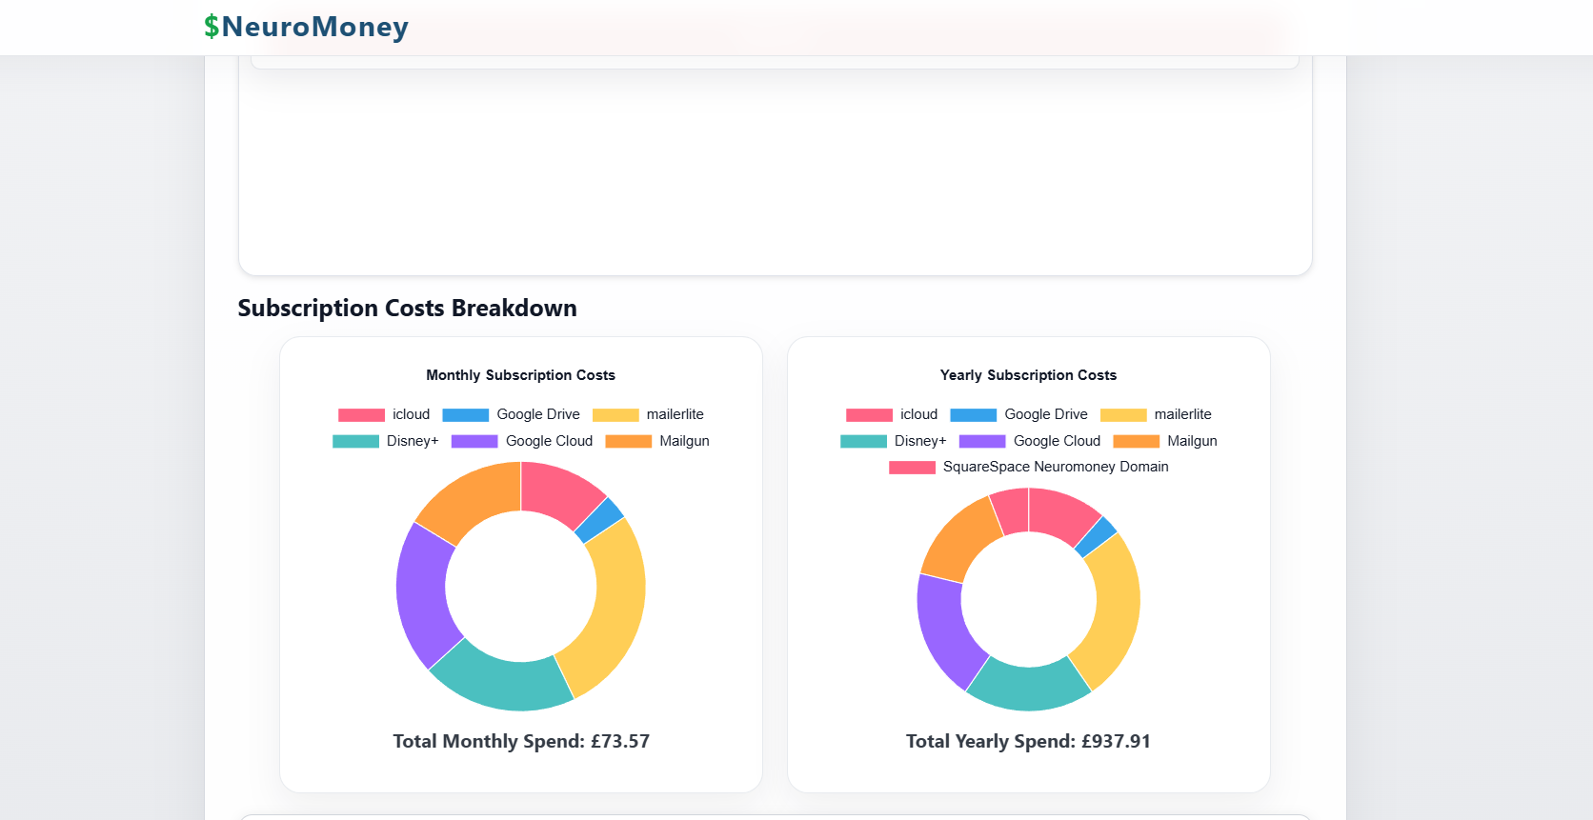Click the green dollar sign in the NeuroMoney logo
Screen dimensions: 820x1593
[211, 27]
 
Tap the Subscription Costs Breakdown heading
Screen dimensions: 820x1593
[407, 309]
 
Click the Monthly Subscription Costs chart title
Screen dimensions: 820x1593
[520, 375]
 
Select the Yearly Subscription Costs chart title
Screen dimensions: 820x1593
[1028, 375]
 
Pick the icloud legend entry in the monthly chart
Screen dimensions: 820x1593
[384, 414]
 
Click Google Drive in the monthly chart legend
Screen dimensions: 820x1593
[512, 414]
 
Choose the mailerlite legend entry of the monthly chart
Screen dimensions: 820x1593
[648, 414]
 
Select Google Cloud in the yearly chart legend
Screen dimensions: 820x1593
[1030, 441]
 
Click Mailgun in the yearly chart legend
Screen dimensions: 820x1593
[1165, 441]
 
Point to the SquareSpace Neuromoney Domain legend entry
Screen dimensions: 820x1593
[1029, 467]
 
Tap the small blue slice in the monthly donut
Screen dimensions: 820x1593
[600, 519]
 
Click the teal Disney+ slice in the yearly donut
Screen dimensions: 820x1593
[1028, 688]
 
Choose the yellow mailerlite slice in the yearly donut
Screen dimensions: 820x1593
[1115, 610]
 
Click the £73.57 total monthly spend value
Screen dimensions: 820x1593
[619, 741]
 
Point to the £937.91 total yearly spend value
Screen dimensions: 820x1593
[1116, 741]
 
